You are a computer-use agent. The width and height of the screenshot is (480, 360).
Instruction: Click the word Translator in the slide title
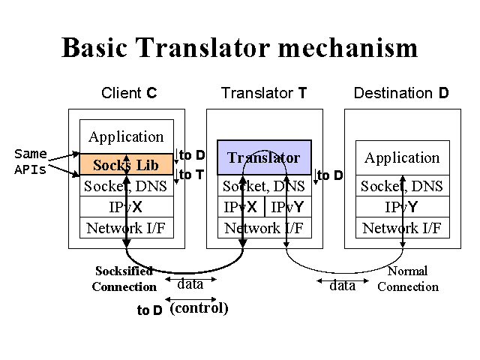click(x=224, y=47)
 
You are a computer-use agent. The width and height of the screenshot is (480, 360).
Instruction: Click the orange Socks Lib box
click(x=126, y=165)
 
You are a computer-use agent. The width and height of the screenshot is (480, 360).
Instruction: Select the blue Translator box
click(x=264, y=157)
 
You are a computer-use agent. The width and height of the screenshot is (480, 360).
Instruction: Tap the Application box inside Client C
click(x=126, y=136)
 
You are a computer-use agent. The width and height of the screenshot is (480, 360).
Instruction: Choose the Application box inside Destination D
click(x=401, y=157)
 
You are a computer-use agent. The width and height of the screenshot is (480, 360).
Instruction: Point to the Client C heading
click(x=129, y=94)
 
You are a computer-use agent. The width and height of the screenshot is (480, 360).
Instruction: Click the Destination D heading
click(x=401, y=94)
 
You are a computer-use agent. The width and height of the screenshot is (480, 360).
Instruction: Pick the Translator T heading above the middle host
click(x=264, y=94)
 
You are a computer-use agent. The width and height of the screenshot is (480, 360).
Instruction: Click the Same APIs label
click(x=31, y=161)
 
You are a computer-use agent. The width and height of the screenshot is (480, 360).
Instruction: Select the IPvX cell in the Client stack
click(x=126, y=207)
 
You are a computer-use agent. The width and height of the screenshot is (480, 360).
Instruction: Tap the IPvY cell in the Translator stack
click(x=287, y=207)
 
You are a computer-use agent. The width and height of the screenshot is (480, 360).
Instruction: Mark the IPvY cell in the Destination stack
click(x=401, y=207)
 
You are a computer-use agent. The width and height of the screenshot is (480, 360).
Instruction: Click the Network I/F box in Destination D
click(x=401, y=228)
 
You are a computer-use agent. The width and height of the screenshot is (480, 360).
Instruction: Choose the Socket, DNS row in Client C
click(x=126, y=186)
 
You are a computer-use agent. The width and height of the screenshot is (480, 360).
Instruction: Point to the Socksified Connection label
click(x=124, y=278)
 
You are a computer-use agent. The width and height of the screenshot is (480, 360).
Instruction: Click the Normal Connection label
click(x=407, y=278)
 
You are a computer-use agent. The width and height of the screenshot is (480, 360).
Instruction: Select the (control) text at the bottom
click(x=199, y=308)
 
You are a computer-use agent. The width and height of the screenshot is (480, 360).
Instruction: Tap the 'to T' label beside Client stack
click(x=191, y=175)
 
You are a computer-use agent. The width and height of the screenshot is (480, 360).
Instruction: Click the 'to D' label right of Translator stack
click(x=330, y=175)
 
